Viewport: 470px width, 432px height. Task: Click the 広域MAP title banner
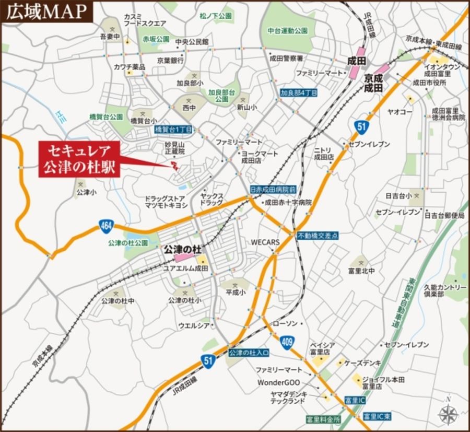click(x=46, y=11)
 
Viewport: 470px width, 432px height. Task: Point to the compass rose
click(x=448, y=413)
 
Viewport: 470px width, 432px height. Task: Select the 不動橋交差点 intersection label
click(x=318, y=236)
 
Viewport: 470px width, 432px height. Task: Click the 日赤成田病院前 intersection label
click(x=273, y=190)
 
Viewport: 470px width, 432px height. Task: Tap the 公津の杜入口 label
click(x=249, y=353)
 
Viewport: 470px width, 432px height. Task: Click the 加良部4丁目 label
click(x=299, y=92)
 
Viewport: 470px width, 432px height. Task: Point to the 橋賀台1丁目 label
click(x=174, y=129)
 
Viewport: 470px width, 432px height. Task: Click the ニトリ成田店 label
click(x=323, y=153)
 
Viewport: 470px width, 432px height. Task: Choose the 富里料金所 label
click(x=323, y=419)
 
